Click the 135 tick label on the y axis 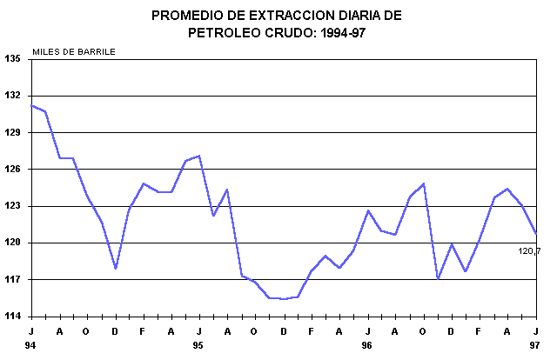pyautogui.click(x=12, y=59)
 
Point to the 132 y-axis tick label pyautogui.click(x=12, y=96)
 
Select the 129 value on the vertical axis pyautogui.click(x=12, y=132)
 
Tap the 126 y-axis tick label pyautogui.click(x=12, y=170)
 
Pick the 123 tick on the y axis pyautogui.click(x=12, y=206)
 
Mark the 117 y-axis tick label pyautogui.click(x=12, y=280)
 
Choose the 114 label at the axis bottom pyautogui.click(x=12, y=317)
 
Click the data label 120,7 pyautogui.click(x=529, y=251)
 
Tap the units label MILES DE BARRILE pyautogui.click(x=74, y=50)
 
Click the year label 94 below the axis pyautogui.click(x=31, y=345)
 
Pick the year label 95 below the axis pyautogui.click(x=198, y=345)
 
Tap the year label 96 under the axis pyautogui.click(x=367, y=345)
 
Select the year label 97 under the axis pyautogui.click(x=535, y=345)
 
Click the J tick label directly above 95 pyautogui.click(x=199, y=332)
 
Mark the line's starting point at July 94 pyautogui.click(x=31, y=105)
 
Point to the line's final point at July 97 pyautogui.click(x=536, y=233)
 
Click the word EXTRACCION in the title pyautogui.click(x=279, y=16)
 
